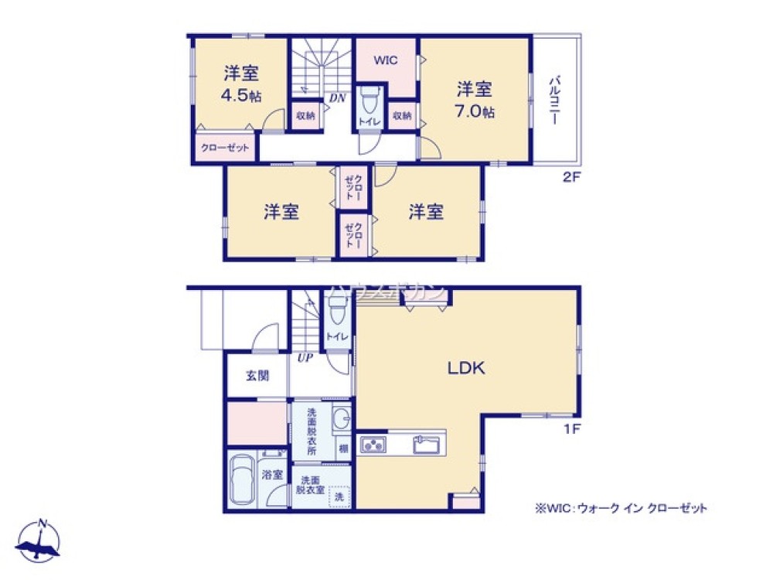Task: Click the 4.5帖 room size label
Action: (x=240, y=97)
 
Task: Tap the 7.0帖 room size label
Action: (x=474, y=111)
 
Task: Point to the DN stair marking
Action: (x=337, y=97)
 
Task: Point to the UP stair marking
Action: (x=302, y=357)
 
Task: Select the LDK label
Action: (x=467, y=368)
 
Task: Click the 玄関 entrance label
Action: (x=257, y=377)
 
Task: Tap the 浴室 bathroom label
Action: (x=271, y=474)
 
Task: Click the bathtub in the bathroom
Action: (x=243, y=482)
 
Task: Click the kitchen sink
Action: (x=427, y=445)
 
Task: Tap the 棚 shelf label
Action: (x=342, y=448)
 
